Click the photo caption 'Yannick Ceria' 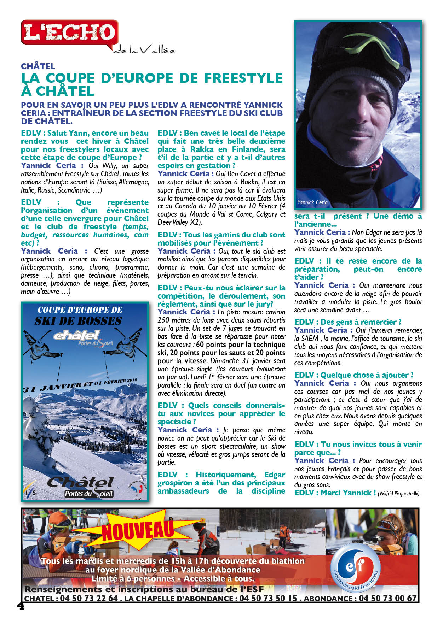(x=312, y=202)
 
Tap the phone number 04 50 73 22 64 (x=89, y=598)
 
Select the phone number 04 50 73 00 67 (x=388, y=598)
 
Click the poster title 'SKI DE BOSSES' (x=78, y=321)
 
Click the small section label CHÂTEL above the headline (x=38, y=66)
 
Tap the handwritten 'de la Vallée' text (x=144, y=50)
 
